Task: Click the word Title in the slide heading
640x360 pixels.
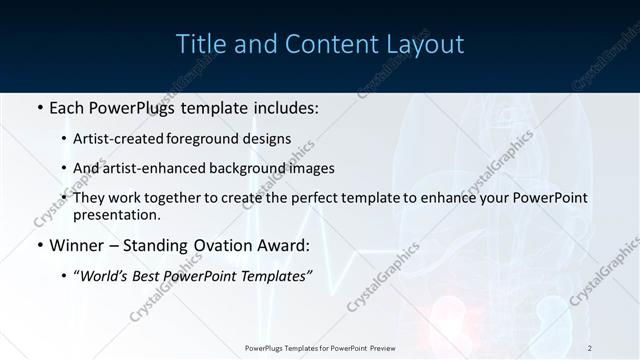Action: (x=199, y=44)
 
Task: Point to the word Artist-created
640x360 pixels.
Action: (x=115, y=139)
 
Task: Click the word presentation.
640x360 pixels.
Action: (x=116, y=215)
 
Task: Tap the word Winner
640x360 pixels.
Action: (x=78, y=245)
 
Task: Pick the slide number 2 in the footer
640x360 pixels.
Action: (x=590, y=348)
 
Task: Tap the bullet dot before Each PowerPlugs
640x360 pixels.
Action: (x=39, y=107)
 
